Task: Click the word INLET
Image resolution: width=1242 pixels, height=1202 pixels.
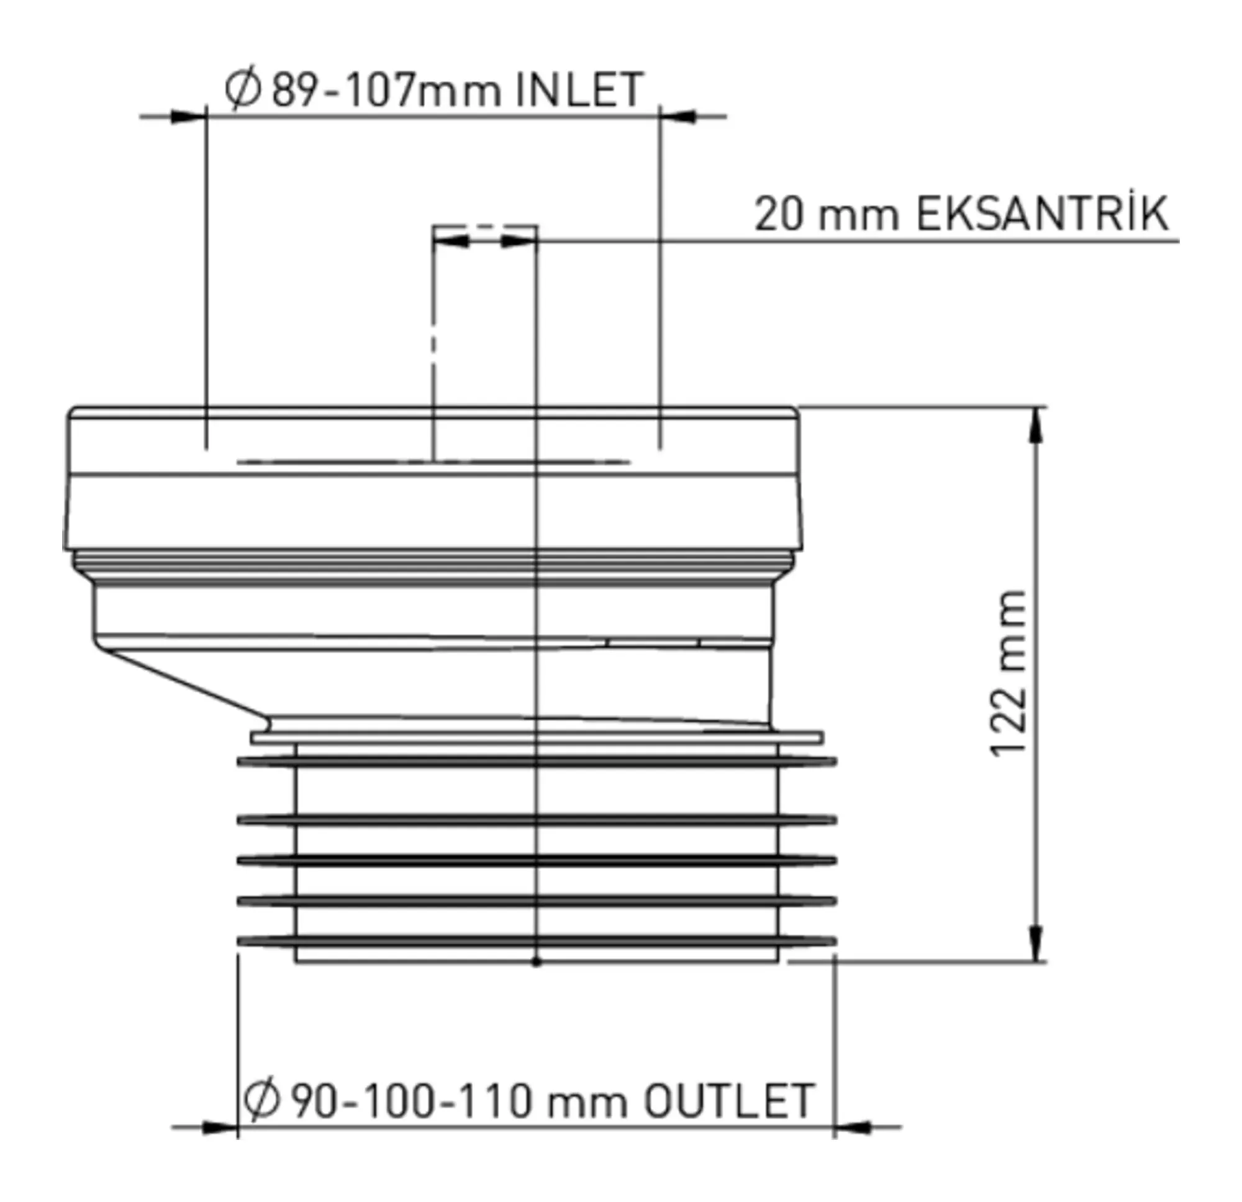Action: [580, 90]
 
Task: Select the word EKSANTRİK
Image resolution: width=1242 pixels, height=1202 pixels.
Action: [1043, 215]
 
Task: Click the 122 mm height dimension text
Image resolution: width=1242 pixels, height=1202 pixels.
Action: [1007, 673]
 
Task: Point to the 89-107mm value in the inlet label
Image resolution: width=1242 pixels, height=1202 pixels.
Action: [387, 90]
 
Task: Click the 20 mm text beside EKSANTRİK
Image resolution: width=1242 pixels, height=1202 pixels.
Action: [827, 215]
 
